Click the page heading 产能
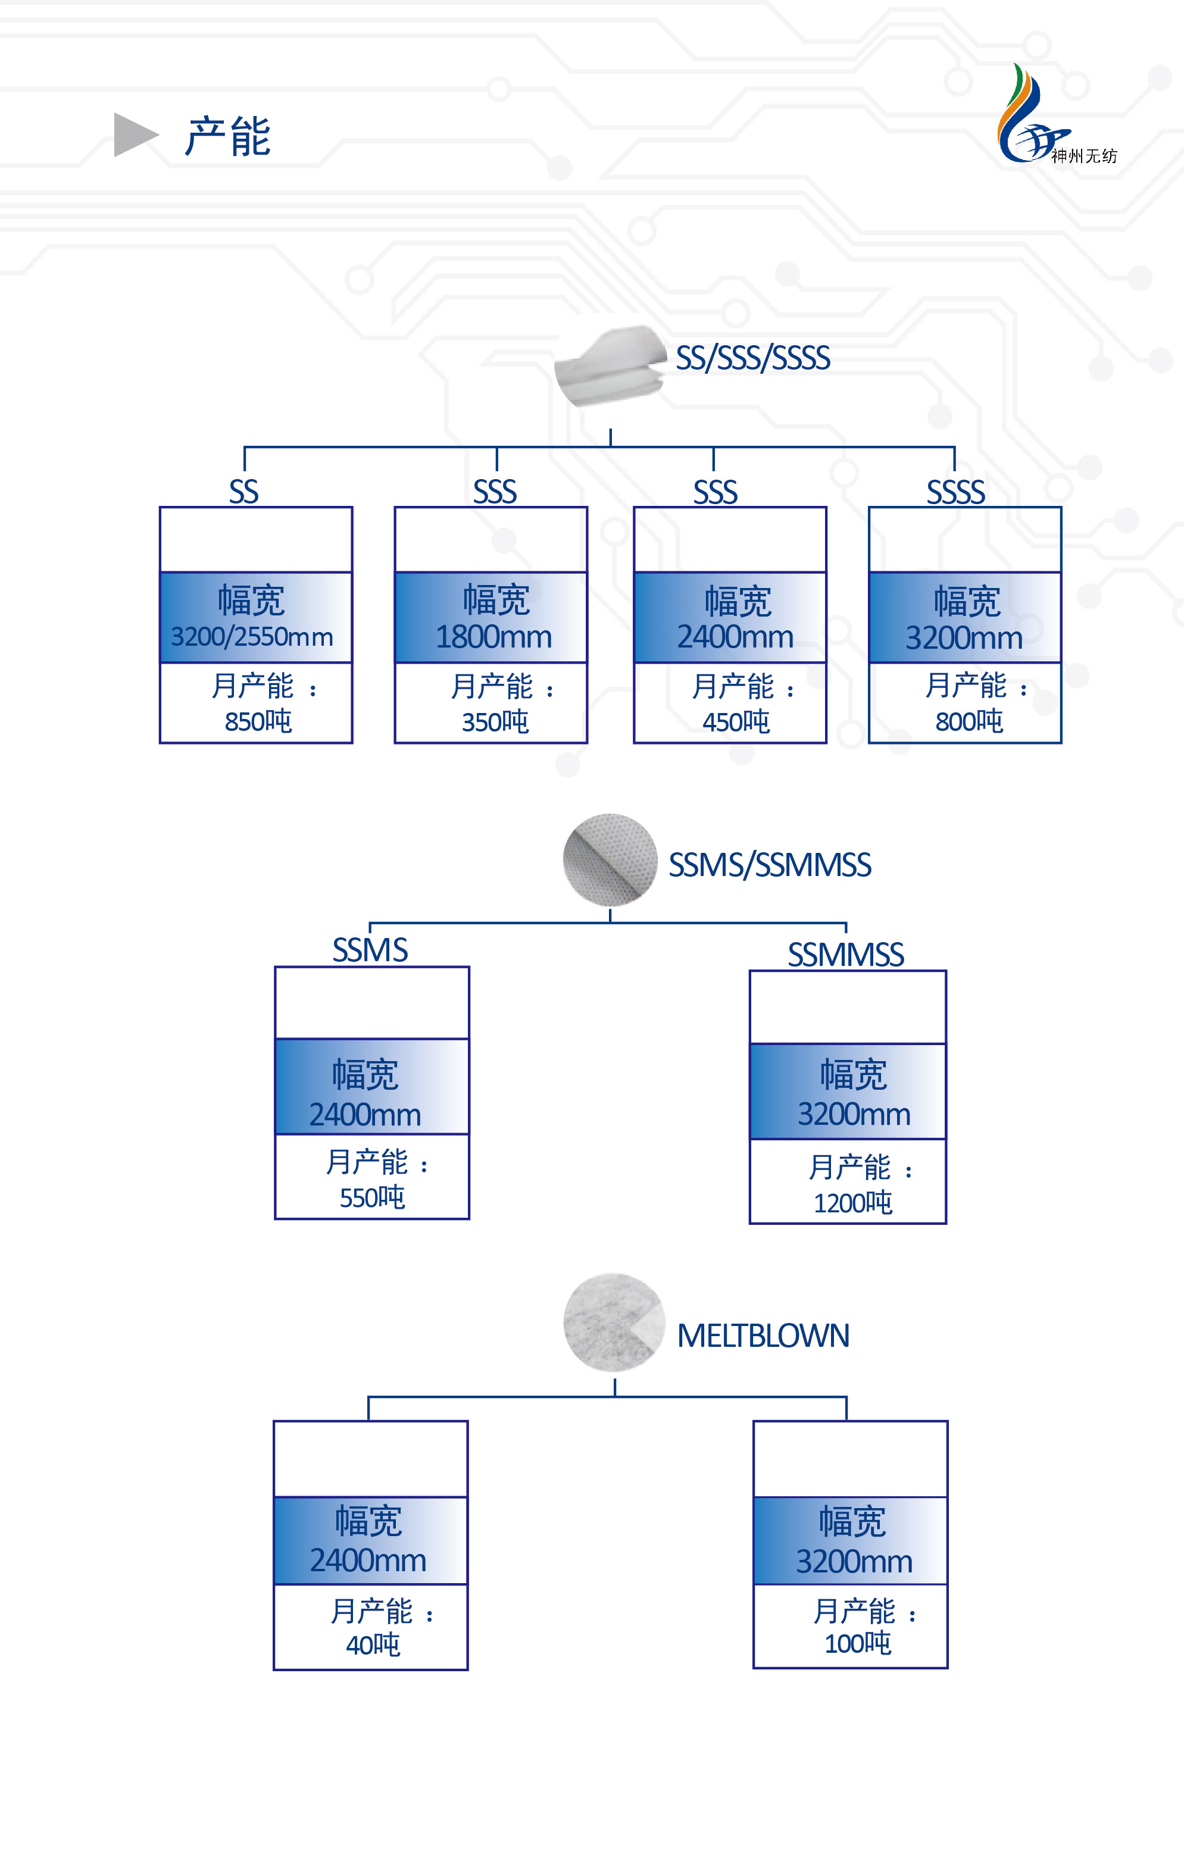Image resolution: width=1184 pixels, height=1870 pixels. pyautogui.click(x=227, y=137)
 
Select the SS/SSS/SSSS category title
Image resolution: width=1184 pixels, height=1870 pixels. pyautogui.click(x=752, y=358)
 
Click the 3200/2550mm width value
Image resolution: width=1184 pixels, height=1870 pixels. pyautogui.click(x=252, y=637)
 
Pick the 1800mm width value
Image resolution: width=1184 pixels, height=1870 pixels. pyautogui.click(x=493, y=637)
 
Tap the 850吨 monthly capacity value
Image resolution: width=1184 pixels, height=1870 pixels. pyautogui.click(x=258, y=721)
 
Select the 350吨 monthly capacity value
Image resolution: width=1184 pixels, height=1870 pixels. pyautogui.click(x=495, y=722)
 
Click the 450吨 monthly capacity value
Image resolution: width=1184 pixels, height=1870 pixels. pyautogui.click(x=736, y=722)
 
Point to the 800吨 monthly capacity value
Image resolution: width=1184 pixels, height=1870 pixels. pyautogui.click(x=969, y=721)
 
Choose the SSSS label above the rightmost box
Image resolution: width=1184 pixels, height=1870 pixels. pyautogui.click(x=955, y=492)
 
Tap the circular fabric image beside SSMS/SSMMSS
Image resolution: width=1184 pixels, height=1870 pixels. pyautogui.click(x=610, y=859)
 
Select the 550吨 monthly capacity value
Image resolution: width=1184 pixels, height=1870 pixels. pyautogui.click(x=372, y=1197)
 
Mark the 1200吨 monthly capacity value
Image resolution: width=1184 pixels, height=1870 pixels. pyautogui.click(x=852, y=1203)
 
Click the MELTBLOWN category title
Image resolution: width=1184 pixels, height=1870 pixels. pyautogui.click(x=763, y=1336)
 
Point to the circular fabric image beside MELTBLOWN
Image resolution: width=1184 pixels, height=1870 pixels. pyautogui.click(x=614, y=1322)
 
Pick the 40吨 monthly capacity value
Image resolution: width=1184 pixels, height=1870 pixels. pyautogui.click(x=373, y=1644)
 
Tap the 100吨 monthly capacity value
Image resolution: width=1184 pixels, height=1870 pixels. pyautogui.click(x=857, y=1643)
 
